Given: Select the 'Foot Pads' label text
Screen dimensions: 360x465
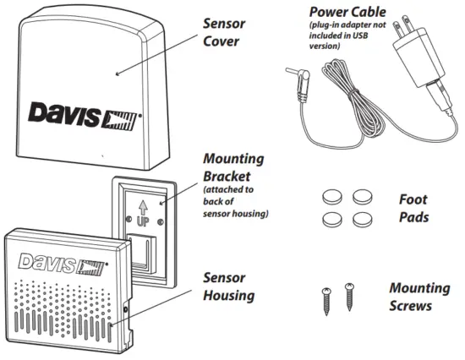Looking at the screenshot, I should (x=413, y=208).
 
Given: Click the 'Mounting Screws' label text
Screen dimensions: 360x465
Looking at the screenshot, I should (x=418, y=296).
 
